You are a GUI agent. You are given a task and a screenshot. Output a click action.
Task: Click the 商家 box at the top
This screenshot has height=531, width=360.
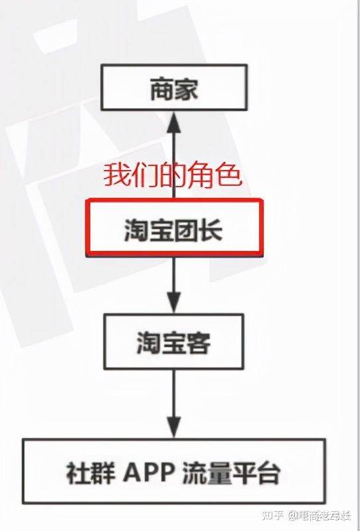click(x=174, y=88)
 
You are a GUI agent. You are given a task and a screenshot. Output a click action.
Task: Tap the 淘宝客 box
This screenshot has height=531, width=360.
click(x=173, y=341)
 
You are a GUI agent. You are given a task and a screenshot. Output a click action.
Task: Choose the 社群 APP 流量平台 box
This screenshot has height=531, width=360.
click(x=174, y=471)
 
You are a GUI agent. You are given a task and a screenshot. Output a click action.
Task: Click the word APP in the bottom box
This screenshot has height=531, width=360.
click(x=149, y=472)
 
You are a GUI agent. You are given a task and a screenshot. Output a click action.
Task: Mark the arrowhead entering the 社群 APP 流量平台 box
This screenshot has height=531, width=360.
click(x=174, y=428)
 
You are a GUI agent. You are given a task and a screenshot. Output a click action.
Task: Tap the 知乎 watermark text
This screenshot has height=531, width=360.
click(x=273, y=516)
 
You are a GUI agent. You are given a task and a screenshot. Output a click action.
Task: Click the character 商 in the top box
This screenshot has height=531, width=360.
click(x=162, y=89)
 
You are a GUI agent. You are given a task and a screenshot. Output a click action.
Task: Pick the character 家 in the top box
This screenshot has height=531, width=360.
click(x=186, y=89)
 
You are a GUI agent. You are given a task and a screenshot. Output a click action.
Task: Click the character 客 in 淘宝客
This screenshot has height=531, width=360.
click(x=198, y=342)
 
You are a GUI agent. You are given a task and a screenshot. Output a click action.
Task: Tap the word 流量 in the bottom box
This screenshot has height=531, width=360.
click(x=207, y=472)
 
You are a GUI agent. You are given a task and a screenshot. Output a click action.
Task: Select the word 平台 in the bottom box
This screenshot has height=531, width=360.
click(x=256, y=472)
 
